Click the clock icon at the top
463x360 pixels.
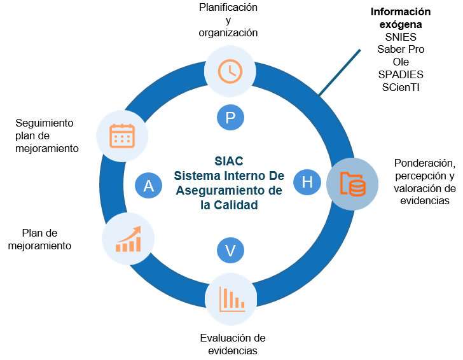point(230,71)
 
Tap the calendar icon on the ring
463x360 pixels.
point(122,135)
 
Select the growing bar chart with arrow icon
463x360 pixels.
point(128,239)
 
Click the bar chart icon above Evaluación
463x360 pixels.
point(231,299)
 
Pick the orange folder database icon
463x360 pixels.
point(352,184)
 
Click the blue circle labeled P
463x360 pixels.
point(230,117)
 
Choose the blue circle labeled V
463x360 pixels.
point(230,251)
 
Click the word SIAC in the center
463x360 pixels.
point(229,161)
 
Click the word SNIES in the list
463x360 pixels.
point(401,37)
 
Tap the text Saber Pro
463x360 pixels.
point(401,49)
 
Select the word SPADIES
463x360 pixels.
point(401,74)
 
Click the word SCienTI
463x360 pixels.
point(401,87)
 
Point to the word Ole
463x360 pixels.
point(401,62)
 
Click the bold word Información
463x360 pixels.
point(401,11)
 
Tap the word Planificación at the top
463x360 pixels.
point(228,8)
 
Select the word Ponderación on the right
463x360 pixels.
point(424,162)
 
